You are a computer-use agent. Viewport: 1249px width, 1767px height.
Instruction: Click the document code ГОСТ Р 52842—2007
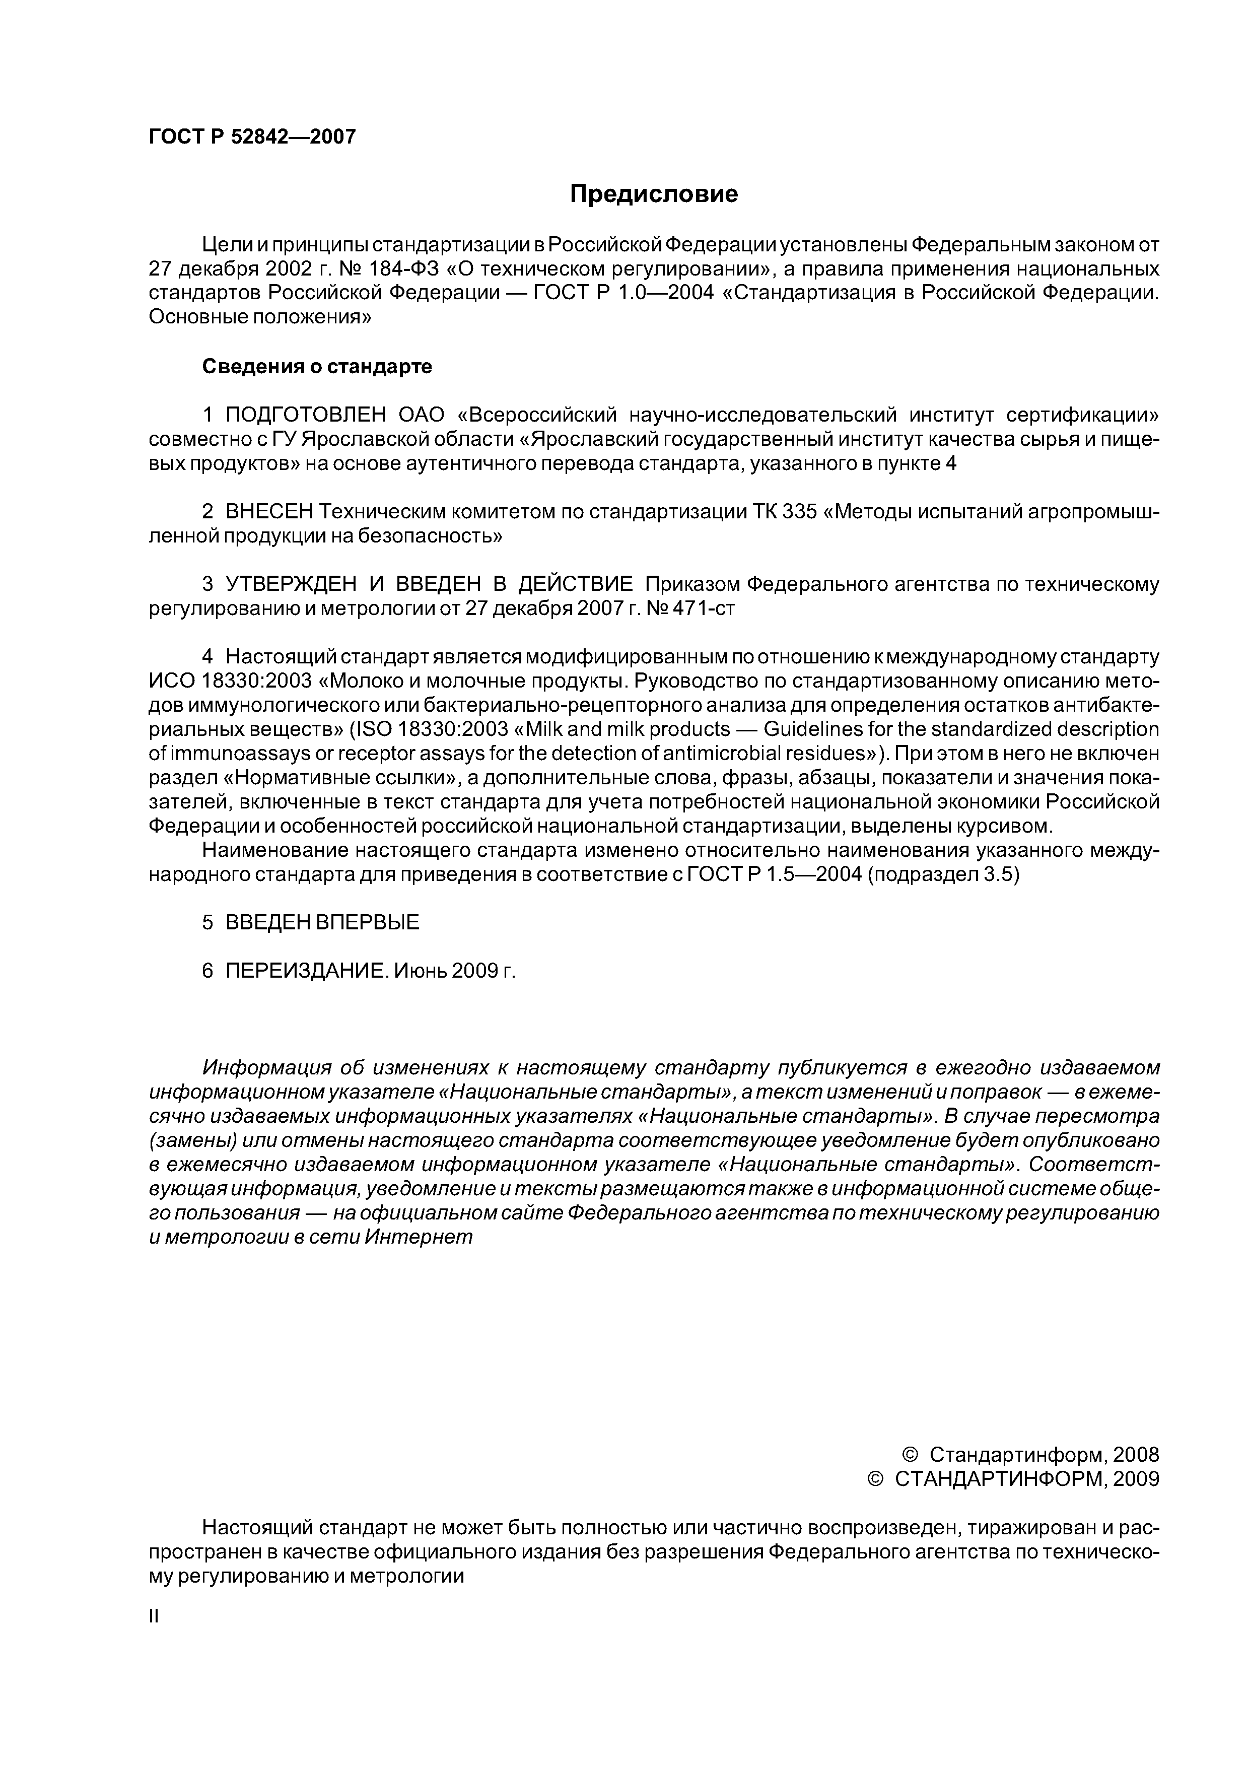(x=252, y=137)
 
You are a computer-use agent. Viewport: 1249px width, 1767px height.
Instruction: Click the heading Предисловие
(x=653, y=194)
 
